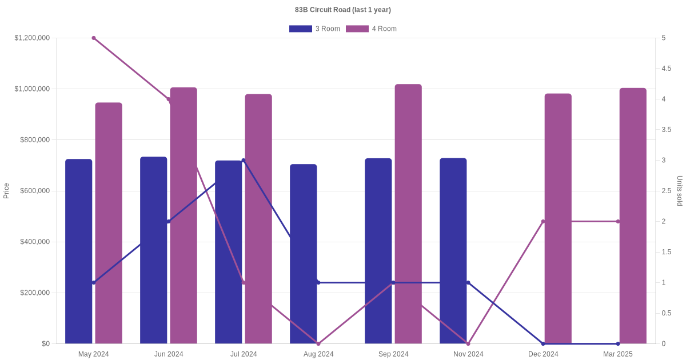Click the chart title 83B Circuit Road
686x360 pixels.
click(343, 10)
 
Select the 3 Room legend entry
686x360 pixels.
click(314, 29)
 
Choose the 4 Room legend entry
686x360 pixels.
click(371, 29)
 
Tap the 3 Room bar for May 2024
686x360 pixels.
click(78, 251)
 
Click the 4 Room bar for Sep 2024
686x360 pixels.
click(408, 214)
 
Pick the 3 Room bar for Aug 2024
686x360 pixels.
click(303, 254)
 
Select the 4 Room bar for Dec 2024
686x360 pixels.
click(558, 219)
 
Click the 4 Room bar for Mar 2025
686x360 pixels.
click(633, 216)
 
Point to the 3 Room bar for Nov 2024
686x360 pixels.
click(453, 251)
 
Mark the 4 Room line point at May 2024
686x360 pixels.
click(94, 38)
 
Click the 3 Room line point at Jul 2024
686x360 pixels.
click(244, 161)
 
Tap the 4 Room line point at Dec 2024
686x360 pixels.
click(543, 222)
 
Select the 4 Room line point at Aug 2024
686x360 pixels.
click(318, 343)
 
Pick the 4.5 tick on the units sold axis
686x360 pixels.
click(667, 69)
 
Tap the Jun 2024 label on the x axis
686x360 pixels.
click(169, 354)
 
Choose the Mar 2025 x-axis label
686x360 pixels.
click(618, 354)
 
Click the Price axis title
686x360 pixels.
click(6, 191)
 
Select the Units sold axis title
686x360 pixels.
click(680, 191)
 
